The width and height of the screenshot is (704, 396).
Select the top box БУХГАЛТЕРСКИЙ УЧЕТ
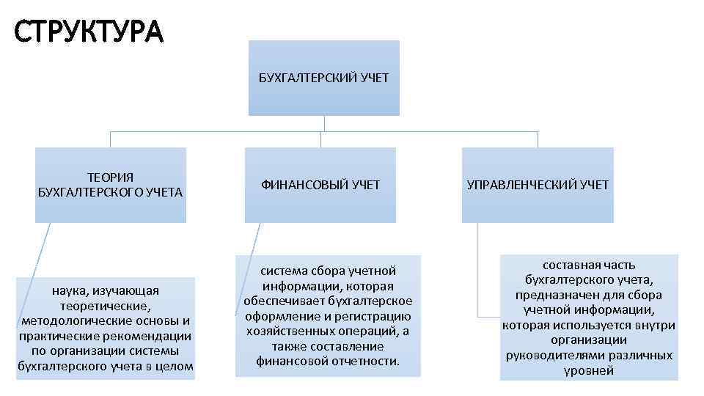(x=323, y=78)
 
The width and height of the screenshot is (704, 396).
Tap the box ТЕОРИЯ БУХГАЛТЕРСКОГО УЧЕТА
(x=110, y=185)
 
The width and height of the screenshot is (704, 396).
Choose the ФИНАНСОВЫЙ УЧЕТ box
(x=320, y=185)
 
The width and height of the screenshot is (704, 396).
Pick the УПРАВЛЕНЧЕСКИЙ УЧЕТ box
(x=538, y=185)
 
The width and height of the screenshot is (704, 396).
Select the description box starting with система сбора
(x=328, y=315)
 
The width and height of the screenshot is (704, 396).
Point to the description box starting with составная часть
(x=589, y=317)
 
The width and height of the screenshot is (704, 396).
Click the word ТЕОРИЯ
(x=110, y=177)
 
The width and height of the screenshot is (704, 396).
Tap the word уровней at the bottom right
(x=589, y=371)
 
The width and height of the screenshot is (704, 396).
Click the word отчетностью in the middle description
(x=364, y=362)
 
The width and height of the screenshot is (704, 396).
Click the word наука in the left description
(x=70, y=291)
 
